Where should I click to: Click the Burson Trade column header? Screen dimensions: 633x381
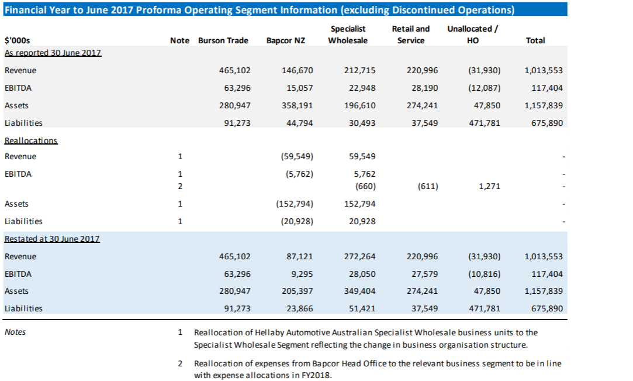(223, 40)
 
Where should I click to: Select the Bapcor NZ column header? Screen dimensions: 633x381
(286, 40)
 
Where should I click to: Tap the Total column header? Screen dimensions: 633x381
(535, 40)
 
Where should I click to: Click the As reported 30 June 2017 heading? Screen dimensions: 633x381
(53, 53)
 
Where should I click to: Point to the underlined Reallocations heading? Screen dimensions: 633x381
(31, 140)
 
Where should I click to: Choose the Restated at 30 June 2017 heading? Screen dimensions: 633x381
(52, 239)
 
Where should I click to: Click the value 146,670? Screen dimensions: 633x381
(297, 70)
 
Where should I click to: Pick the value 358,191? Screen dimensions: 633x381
(297, 105)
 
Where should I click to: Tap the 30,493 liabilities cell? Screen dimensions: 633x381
(362, 123)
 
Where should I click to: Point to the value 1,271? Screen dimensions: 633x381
(489, 186)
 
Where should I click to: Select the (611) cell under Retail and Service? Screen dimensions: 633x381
(428, 186)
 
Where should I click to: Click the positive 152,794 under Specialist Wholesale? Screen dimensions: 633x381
(359, 204)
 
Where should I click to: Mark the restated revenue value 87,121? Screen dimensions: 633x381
(299, 256)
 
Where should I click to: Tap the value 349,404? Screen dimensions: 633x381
(359, 291)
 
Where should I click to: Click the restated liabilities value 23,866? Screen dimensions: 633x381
(299, 308)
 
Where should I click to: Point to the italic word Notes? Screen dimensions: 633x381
(15, 332)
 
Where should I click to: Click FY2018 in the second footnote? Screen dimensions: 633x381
(316, 375)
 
